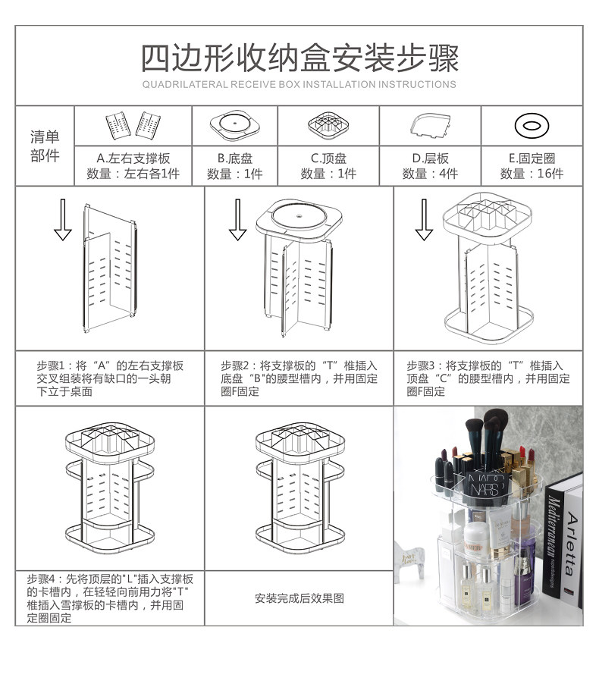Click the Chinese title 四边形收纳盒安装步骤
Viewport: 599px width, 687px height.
pos(299,58)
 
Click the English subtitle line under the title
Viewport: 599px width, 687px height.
pos(299,85)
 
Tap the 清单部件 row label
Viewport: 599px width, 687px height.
pos(45,146)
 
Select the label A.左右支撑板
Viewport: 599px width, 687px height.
pos(133,158)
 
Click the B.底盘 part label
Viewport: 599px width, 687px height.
pos(235,158)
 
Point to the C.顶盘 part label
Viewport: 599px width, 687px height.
pos(328,158)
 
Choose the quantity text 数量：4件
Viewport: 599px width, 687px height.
pos(431,174)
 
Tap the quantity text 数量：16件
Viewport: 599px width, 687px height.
pos(532,174)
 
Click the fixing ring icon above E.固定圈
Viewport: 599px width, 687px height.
pos(532,126)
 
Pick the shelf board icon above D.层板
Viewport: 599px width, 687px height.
pos(430,126)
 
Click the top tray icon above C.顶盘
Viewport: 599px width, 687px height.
pos(328,125)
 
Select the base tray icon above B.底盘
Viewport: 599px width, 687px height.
pos(235,125)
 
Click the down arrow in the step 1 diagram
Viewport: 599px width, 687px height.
pos(63,219)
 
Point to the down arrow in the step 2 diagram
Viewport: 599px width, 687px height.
pos(237,219)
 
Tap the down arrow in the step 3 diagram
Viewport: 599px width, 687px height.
pos(424,219)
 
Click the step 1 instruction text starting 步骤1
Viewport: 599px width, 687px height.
pos(109,378)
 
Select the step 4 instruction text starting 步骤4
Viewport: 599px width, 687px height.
pos(109,598)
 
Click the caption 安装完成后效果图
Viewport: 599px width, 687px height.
pos(299,598)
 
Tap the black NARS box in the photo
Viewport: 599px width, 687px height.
pos(486,488)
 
